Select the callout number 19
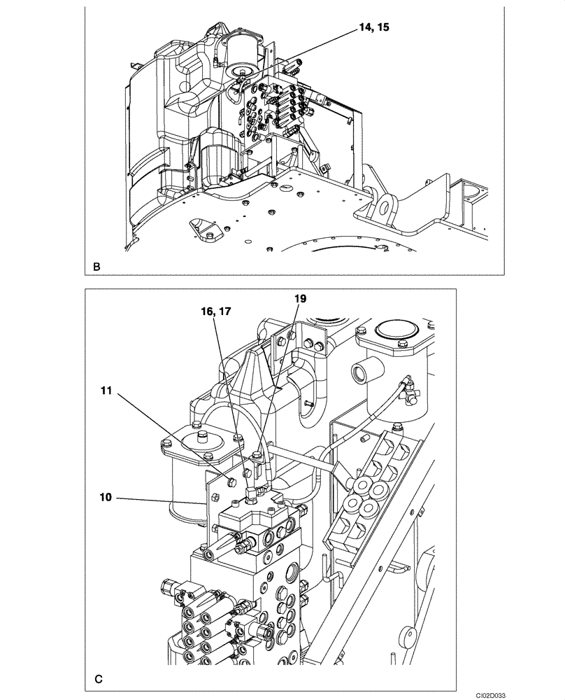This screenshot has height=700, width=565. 299,297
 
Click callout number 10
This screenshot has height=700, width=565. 104,499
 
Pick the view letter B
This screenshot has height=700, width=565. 96,267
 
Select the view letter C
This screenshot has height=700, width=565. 99,678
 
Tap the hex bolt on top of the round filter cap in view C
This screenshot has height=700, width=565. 201,437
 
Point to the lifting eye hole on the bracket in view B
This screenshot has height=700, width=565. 385,206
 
